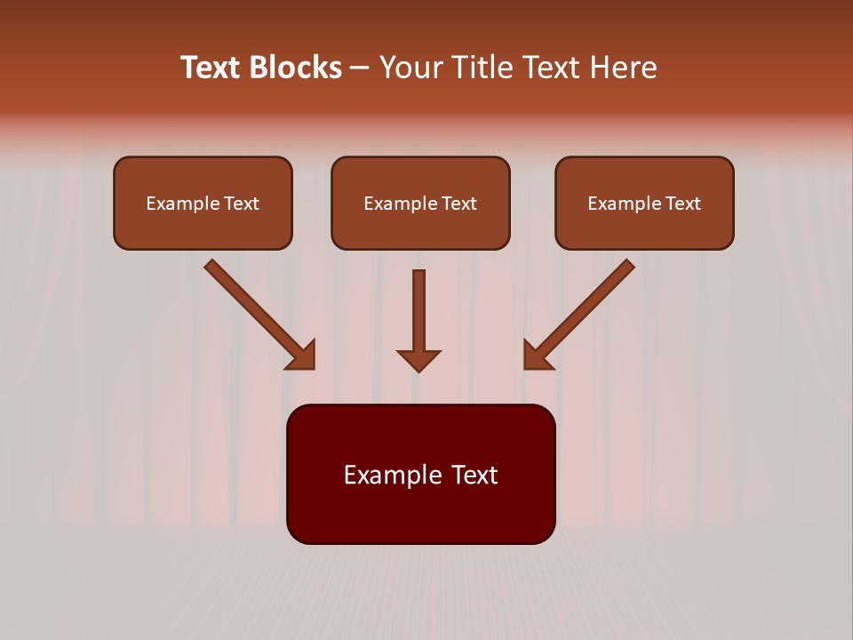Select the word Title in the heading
coord(480,68)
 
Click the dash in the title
coord(360,68)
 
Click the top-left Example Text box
coord(203,203)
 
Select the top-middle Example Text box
coord(420,203)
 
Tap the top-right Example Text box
coord(644,203)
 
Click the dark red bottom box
coord(420,474)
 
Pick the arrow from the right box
coord(582,311)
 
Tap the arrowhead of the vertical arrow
coord(419,359)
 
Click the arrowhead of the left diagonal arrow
coord(302,356)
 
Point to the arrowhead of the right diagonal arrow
coord(536,356)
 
